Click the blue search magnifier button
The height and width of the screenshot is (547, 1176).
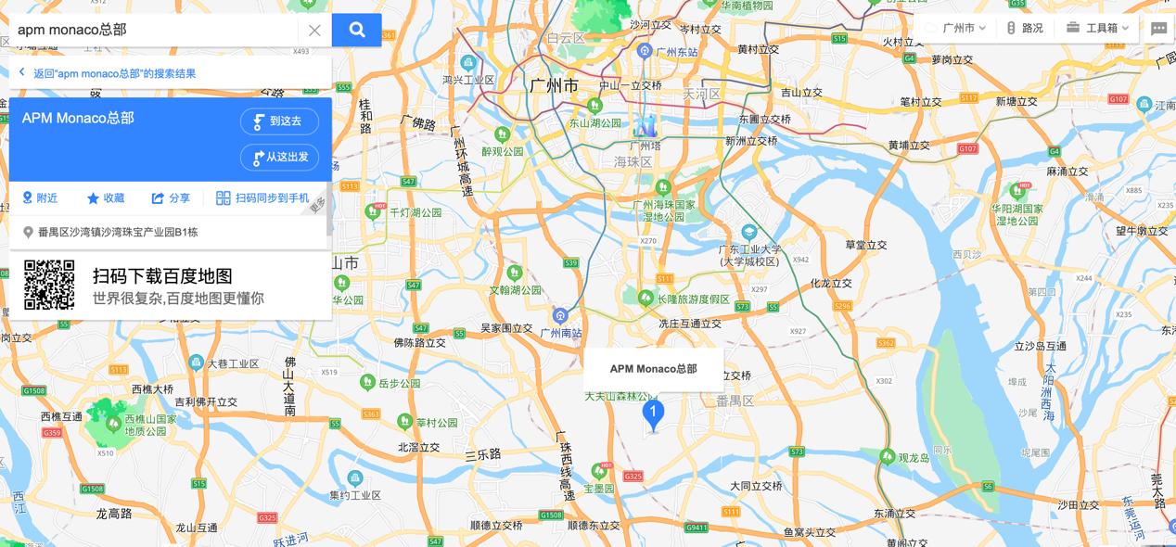(356, 30)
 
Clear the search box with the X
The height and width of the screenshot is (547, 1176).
(314, 30)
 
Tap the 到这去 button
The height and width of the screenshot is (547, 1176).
(279, 121)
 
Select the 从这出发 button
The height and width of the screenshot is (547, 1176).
(279, 158)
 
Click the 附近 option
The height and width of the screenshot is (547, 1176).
(40, 198)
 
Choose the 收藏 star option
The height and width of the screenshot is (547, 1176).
(106, 198)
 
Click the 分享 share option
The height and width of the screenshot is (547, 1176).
(171, 198)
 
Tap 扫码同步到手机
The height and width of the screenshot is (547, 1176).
(262, 198)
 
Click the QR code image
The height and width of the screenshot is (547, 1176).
(49, 285)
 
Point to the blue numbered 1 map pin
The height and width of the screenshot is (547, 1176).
(653, 413)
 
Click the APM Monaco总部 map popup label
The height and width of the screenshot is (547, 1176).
(653, 369)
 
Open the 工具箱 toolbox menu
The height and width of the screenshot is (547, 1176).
(1097, 28)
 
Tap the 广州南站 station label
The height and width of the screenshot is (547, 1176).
(560, 333)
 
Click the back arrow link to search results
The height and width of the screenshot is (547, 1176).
(107, 73)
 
